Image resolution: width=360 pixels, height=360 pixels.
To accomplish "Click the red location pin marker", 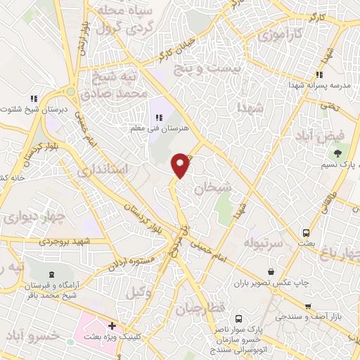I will pos(181,165).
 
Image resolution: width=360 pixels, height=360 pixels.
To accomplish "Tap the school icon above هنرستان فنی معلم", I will pos(157,117).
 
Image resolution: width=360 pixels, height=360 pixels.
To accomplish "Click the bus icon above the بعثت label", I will pos(306,232).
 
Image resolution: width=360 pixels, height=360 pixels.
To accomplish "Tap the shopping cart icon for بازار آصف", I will pos(308,307).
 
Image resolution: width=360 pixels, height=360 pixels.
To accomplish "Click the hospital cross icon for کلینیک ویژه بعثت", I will pos(112,327).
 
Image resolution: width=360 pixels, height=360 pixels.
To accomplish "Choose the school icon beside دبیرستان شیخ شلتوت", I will pos(32,99).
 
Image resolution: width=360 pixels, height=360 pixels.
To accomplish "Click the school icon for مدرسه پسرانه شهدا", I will pos(319,75).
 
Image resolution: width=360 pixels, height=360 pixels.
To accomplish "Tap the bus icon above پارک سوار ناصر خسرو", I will pos(239,319).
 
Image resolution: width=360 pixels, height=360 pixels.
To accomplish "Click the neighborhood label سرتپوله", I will pos(262,243).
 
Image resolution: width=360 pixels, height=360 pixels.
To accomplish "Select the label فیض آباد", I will pos(337,134).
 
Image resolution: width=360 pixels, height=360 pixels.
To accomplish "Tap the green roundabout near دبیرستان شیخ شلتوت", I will pos(70,91).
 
